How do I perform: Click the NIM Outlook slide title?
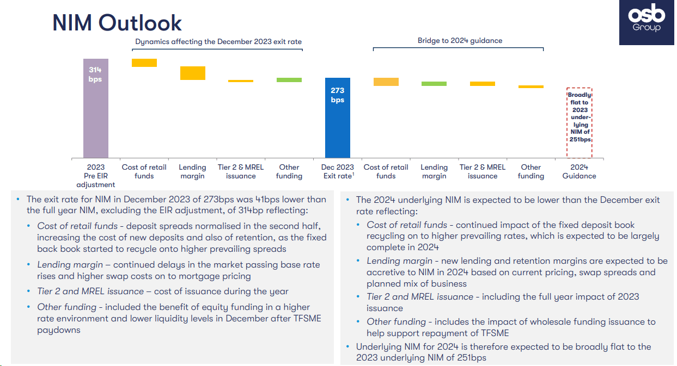(x=117, y=23)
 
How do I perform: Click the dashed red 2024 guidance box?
(x=580, y=122)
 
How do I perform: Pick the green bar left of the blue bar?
(x=289, y=80)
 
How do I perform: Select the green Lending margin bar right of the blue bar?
(x=434, y=84)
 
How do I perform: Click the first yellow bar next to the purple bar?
(x=144, y=63)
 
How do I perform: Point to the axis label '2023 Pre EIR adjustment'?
(x=96, y=176)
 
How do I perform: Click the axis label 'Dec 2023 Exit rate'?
(x=338, y=171)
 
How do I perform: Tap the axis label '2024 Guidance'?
(x=580, y=171)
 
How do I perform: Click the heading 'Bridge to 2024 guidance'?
(x=460, y=41)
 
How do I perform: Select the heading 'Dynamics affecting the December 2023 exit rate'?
(x=218, y=42)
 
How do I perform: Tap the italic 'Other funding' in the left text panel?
(x=66, y=307)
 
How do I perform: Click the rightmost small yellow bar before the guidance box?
(x=531, y=86)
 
